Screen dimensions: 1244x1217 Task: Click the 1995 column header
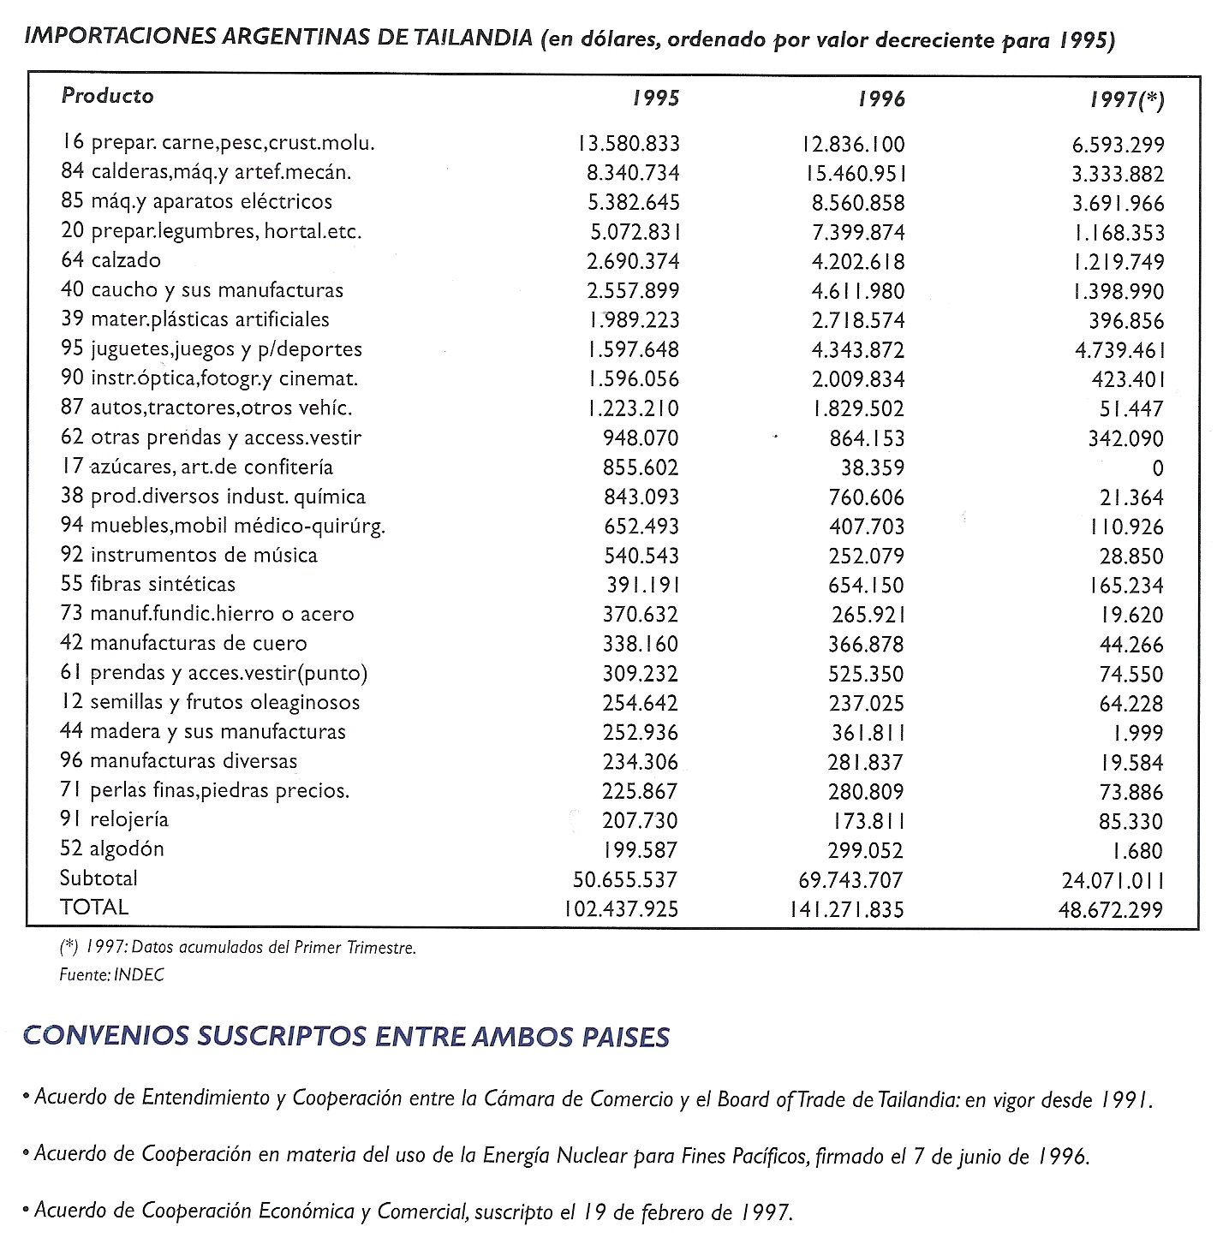coord(656,98)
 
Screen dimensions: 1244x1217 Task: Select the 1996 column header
coord(881,99)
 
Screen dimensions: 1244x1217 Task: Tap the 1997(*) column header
coord(1127,100)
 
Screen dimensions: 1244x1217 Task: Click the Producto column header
coord(107,95)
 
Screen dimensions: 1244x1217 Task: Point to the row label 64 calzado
coord(110,259)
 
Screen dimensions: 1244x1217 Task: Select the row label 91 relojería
coord(114,819)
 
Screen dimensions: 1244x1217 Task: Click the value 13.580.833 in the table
coord(629,144)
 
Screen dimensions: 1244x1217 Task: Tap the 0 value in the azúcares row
coord(1158,468)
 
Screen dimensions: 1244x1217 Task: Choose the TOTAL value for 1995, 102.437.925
coord(621,908)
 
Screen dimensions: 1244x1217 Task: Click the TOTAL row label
coord(94,907)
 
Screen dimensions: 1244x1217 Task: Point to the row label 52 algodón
coord(111,848)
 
